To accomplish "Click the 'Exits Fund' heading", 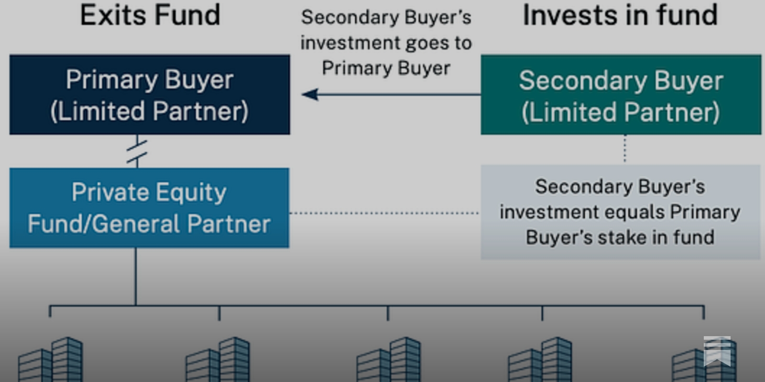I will (150, 15).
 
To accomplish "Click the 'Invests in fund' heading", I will (620, 15).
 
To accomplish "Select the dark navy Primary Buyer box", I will (150, 95).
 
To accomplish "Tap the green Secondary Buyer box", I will (621, 95).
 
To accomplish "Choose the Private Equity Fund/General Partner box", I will (149, 208).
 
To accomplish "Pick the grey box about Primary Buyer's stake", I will (620, 212).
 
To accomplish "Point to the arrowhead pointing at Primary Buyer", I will (310, 95).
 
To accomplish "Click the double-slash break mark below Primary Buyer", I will (137, 151).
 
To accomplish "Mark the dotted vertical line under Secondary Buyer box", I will (624, 149).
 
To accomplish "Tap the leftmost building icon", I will (51, 359).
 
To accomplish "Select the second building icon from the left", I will (218, 359).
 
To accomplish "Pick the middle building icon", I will (389, 359).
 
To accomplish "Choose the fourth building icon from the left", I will (540, 359).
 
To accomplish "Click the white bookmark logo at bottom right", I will (717, 351).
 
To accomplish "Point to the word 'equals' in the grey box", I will (639, 212).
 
